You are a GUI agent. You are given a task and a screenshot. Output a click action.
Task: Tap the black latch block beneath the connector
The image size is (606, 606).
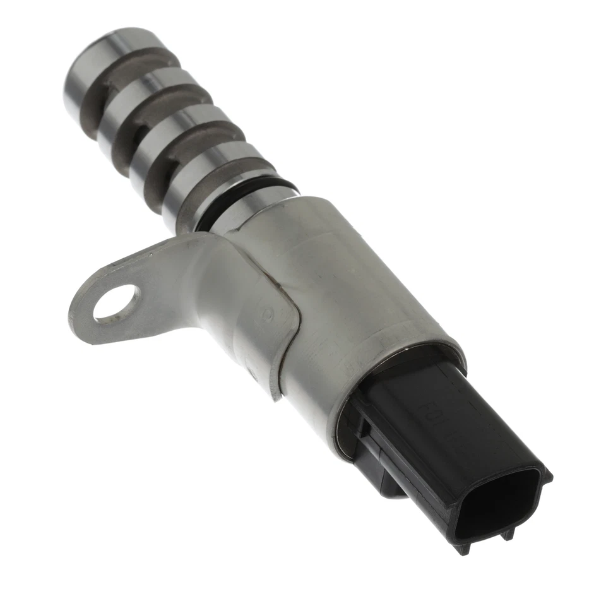[379, 467]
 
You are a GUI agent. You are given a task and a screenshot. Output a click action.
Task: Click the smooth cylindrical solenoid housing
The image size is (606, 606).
[353, 284]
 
